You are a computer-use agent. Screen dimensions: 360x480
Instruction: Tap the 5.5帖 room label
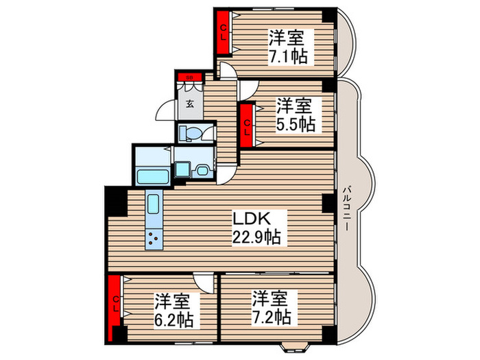295,115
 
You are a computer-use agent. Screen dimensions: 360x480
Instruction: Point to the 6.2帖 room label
172,310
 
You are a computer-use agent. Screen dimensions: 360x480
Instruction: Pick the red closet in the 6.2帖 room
116,302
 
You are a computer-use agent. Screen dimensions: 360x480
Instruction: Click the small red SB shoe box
189,76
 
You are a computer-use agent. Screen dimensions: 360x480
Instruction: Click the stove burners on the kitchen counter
152,239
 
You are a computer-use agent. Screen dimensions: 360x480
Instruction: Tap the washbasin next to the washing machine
204,171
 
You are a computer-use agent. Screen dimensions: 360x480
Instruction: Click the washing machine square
182,168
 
